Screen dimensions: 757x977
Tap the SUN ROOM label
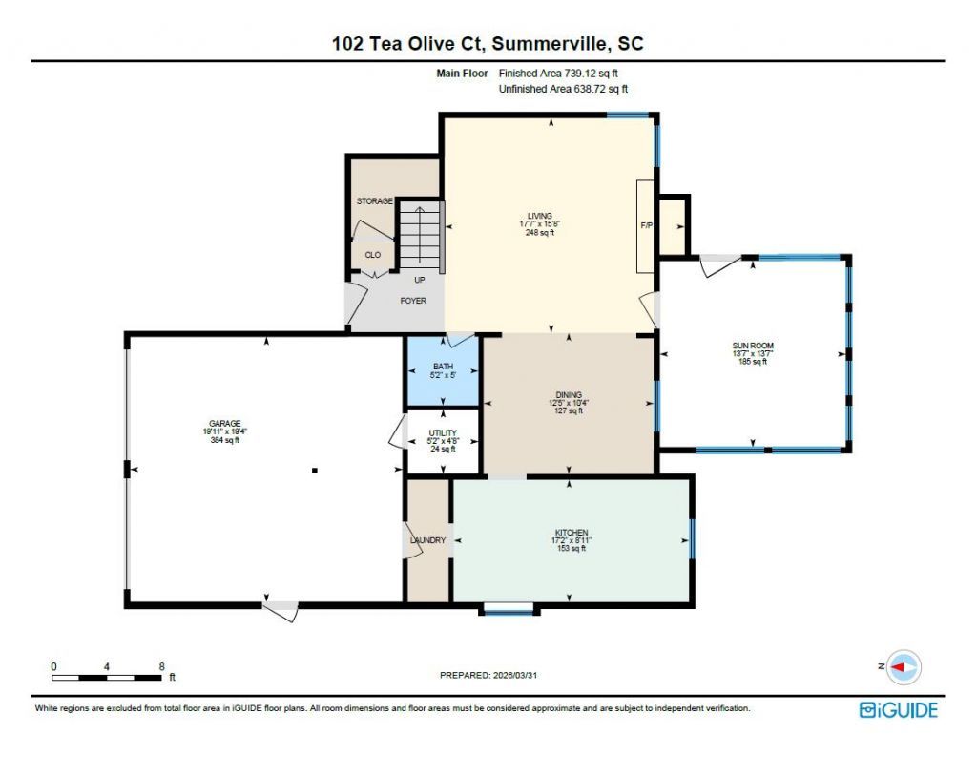click(x=752, y=345)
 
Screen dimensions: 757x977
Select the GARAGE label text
click(x=225, y=423)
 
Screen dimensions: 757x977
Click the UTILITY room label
click(x=443, y=432)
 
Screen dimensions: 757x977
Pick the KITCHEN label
click(x=571, y=533)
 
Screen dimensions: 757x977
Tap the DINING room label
click(x=569, y=395)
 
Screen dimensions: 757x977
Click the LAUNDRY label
click(x=427, y=540)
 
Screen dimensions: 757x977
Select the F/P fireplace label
click(x=646, y=226)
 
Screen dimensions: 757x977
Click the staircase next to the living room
click(x=419, y=235)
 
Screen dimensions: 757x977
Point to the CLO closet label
click(x=372, y=255)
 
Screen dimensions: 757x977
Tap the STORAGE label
click(x=374, y=201)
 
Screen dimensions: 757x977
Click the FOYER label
click(x=413, y=301)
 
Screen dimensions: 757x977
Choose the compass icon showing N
click(x=904, y=666)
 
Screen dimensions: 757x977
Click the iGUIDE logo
click(x=898, y=709)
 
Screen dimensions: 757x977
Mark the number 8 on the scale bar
click(x=161, y=666)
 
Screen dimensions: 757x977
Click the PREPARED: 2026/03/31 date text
click(x=494, y=675)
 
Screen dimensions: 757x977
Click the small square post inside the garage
click(x=314, y=470)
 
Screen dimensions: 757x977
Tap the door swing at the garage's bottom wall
click(x=281, y=610)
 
